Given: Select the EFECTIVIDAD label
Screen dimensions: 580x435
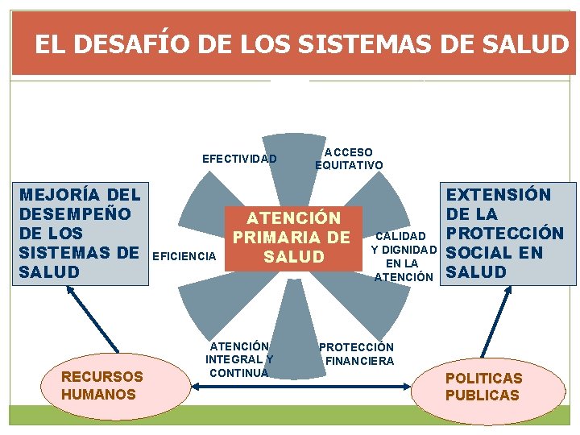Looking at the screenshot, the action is tap(239, 159).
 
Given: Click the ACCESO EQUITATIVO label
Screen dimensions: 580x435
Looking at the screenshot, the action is tap(349, 159).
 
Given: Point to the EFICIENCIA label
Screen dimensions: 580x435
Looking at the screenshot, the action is tap(184, 256).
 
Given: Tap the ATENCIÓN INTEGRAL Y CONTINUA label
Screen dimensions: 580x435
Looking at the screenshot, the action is tap(239, 359).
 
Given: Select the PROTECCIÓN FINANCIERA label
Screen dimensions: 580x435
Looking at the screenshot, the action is tap(357, 354).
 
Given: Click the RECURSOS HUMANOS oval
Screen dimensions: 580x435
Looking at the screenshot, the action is tap(101, 385).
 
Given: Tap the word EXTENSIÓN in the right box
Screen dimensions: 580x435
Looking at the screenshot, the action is tap(499, 195).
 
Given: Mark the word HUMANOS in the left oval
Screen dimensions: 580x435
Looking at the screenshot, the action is tap(98, 394).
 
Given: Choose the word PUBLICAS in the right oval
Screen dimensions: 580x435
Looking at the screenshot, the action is tap(483, 396).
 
